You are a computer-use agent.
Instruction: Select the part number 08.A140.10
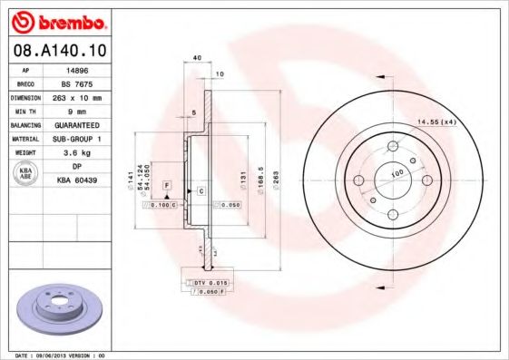tap(57, 50)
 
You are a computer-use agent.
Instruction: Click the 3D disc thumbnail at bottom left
tap(56, 308)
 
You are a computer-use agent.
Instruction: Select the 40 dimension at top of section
tap(197, 57)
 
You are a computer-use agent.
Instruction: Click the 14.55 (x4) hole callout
tap(435, 121)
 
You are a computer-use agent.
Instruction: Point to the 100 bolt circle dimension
tap(396, 172)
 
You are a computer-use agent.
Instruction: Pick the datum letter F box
tap(167, 185)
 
